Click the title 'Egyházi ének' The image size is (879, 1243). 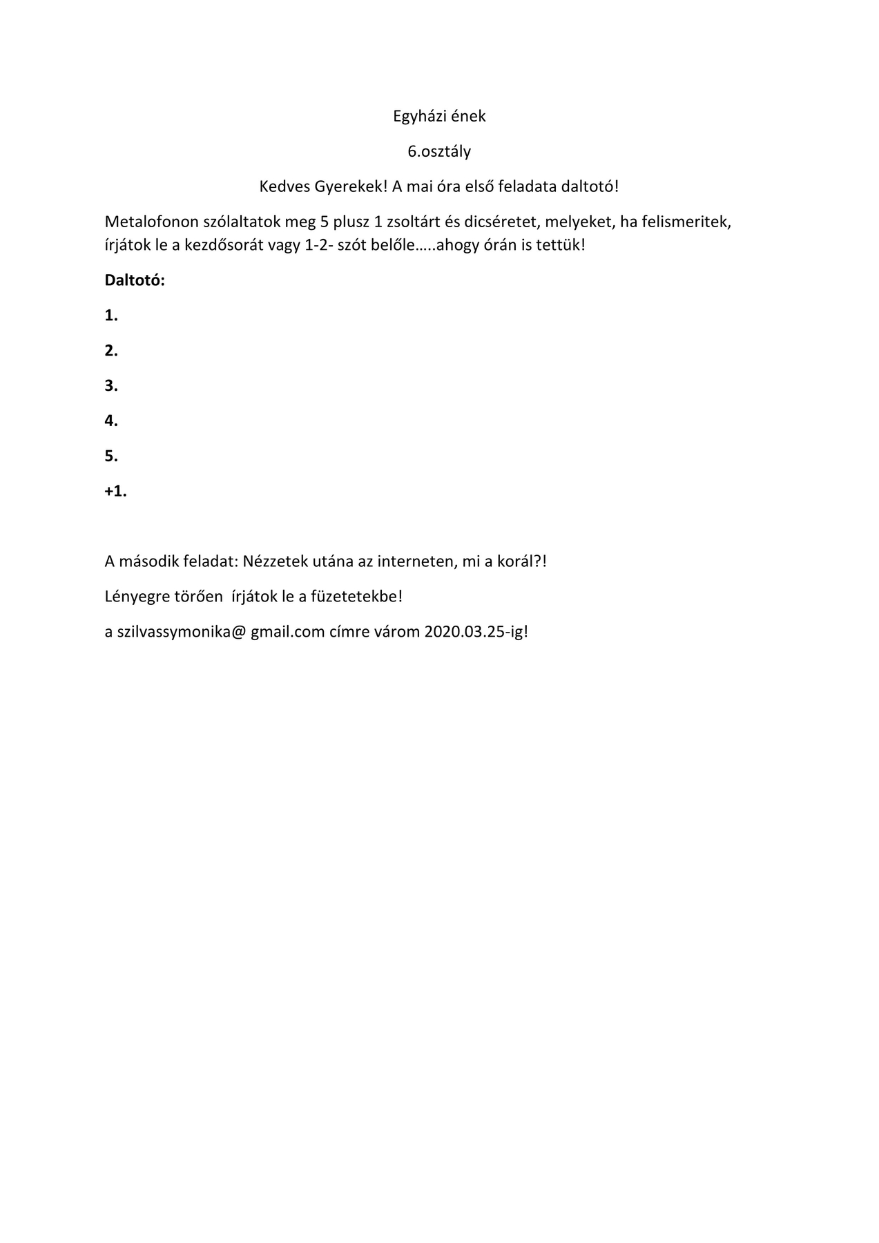pyautogui.click(x=439, y=116)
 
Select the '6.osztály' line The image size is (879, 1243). pyautogui.click(x=439, y=151)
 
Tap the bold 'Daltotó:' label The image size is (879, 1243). pyautogui.click(x=135, y=280)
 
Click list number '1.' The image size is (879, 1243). pyautogui.click(x=111, y=316)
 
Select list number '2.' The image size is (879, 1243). pyautogui.click(x=111, y=351)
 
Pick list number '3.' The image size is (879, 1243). pyautogui.click(x=111, y=386)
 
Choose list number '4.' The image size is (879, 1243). pyautogui.click(x=111, y=421)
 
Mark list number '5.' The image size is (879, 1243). pyautogui.click(x=111, y=456)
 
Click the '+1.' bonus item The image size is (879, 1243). pyautogui.click(x=115, y=491)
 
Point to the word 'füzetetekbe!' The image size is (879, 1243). pyautogui.click(x=356, y=596)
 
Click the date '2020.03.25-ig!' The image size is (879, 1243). pyautogui.click(x=476, y=631)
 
